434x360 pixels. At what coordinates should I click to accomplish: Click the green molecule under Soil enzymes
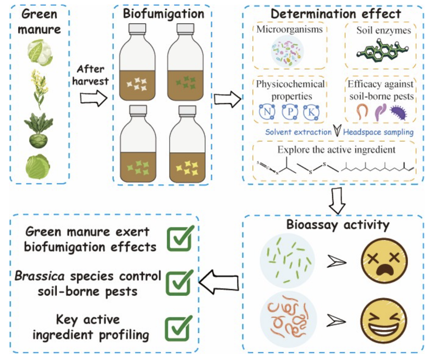pos(381,52)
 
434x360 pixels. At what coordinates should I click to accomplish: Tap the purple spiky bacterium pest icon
pos(400,111)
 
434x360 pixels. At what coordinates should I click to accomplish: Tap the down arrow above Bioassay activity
pos(339,201)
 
